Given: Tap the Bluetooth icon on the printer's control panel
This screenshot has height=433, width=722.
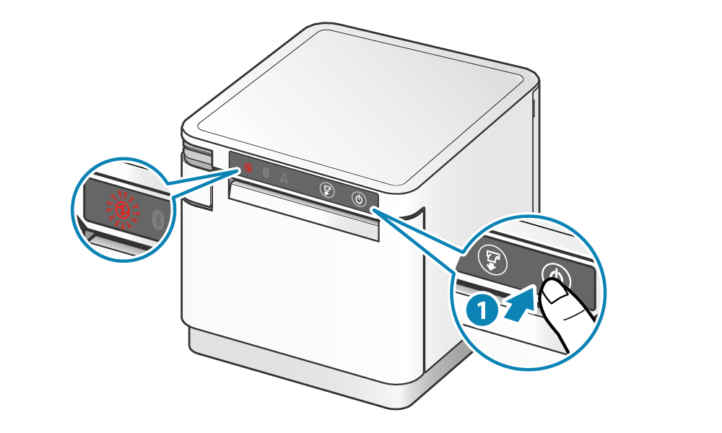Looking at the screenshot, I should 265,173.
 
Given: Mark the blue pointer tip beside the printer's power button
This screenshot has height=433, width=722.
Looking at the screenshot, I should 375,209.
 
